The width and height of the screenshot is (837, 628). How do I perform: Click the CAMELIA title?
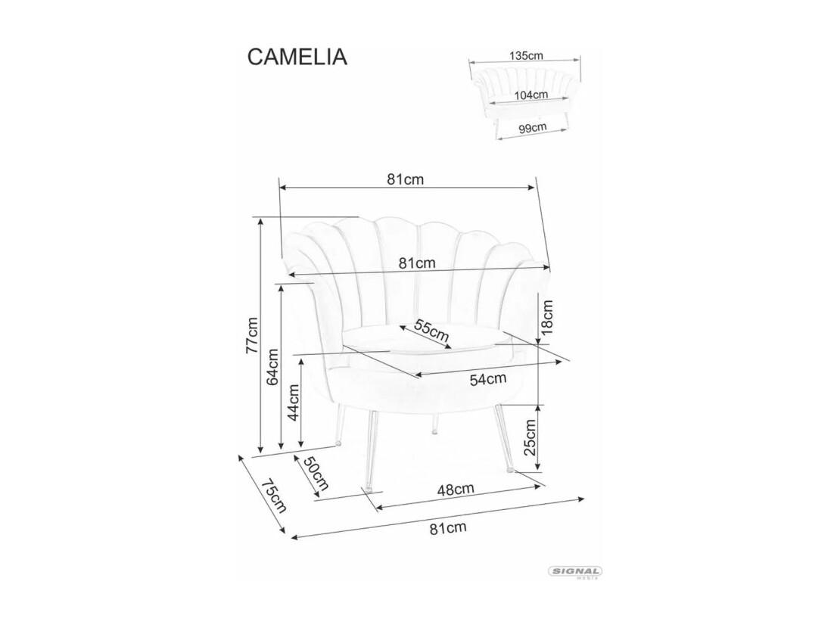coord(297,57)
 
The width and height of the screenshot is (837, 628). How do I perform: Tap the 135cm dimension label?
coord(526,55)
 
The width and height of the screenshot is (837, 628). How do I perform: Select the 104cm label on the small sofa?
coord(531,95)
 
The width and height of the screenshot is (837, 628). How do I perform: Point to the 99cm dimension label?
coord(532,128)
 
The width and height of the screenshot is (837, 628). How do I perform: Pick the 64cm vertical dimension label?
coord(272,366)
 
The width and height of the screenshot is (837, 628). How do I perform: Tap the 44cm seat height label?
coord(293,403)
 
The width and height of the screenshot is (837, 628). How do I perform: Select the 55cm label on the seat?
coord(432,332)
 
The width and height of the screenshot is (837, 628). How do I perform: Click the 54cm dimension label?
coord(488,379)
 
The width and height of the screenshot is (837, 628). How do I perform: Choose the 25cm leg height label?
coord(530,437)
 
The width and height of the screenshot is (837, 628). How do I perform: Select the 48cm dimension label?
coord(456,489)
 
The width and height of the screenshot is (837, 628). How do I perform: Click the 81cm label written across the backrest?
coord(417,263)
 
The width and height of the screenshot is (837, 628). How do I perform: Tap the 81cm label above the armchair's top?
coord(406,179)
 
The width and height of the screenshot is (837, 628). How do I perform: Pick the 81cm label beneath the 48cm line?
coord(448,527)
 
